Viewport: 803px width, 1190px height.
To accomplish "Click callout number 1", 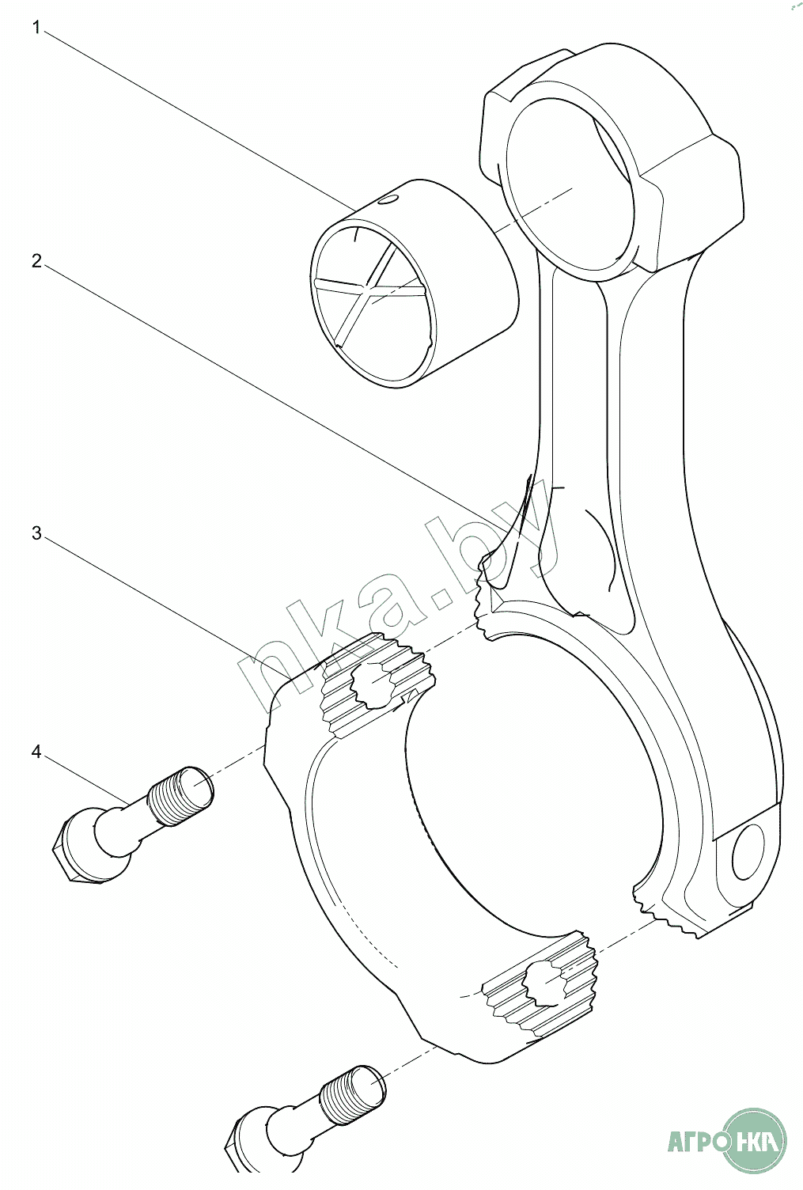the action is coord(36,28).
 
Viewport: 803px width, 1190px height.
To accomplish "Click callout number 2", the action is coord(36,260).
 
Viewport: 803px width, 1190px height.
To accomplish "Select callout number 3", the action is coord(36,532).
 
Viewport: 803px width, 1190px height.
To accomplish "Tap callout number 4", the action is coord(36,751).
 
